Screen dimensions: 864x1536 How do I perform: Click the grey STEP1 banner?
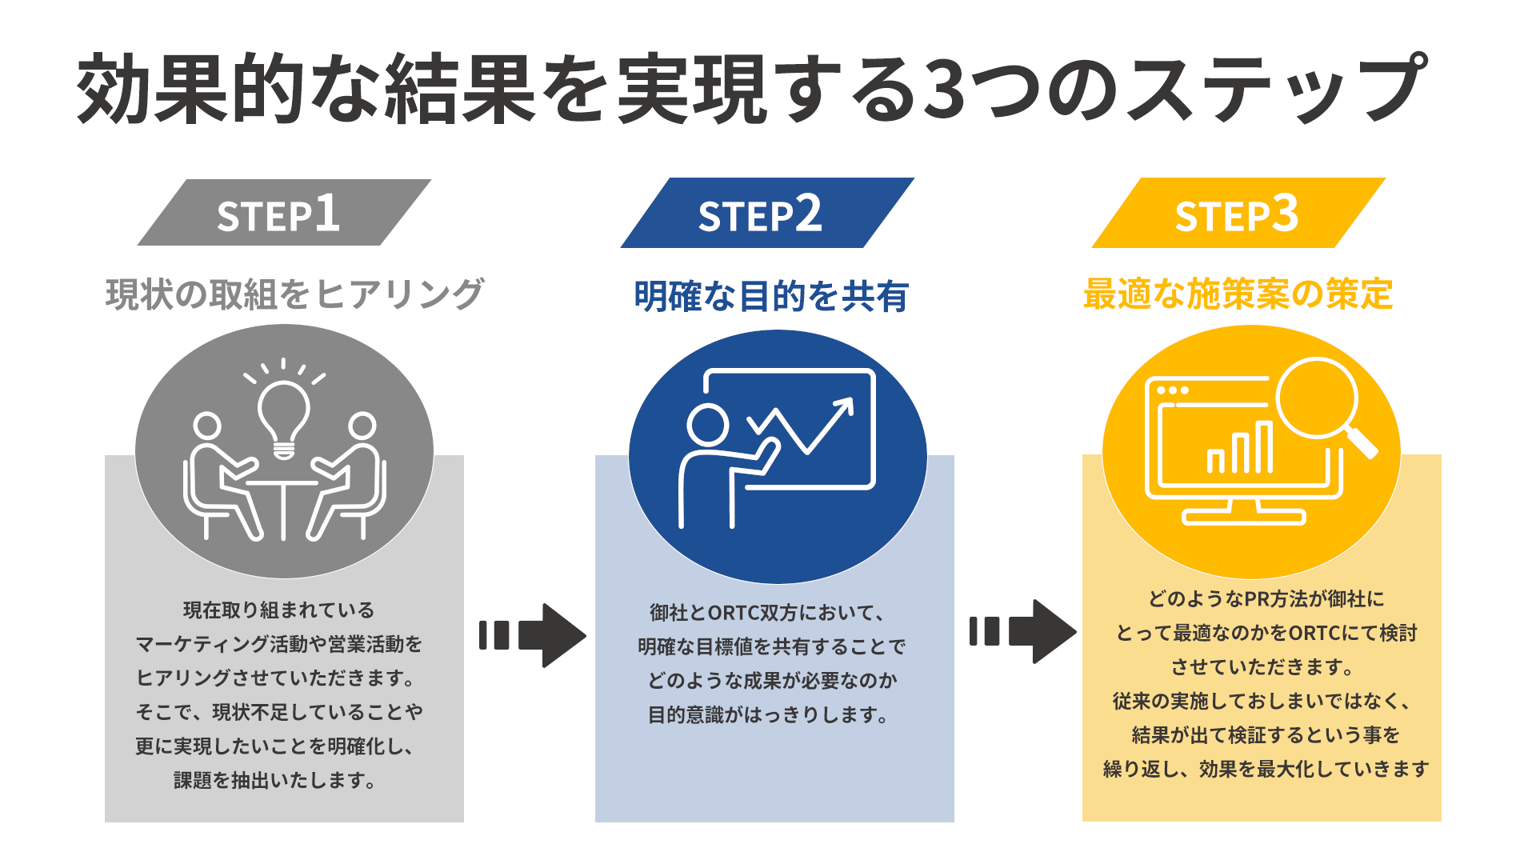pyautogui.click(x=284, y=213)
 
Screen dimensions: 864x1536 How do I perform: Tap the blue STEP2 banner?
pyautogui.click(x=766, y=213)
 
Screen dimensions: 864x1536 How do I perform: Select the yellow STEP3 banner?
pyautogui.click(x=1238, y=213)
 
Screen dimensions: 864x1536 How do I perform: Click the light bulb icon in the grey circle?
pyautogui.click(x=283, y=416)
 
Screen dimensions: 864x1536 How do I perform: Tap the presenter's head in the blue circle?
pyautogui.click(x=708, y=425)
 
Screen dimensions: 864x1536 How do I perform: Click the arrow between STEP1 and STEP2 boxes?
pyautogui.click(x=534, y=635)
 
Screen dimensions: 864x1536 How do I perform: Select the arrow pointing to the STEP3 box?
pyautogui.click(x=1023, y=631)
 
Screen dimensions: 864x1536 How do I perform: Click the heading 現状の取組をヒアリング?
pyautogui.click(x=294, y=294)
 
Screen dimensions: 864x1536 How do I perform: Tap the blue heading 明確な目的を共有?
pyautogui.click(x=771, y=297)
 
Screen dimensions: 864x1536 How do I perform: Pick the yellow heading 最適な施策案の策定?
pyautogui.click(x=1238, y=294)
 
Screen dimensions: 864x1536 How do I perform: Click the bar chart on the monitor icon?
pyautogui.click(x=1239, y=450)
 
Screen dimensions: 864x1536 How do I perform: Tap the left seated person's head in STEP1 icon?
pyautogui.click(x=207, y=426)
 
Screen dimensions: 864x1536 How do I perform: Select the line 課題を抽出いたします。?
pyautogui.click(x=276, y=780)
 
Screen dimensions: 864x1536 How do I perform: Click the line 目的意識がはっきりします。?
pyautogui.click(x=769, y=714)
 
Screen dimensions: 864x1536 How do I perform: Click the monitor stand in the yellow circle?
pyautogui.click(x=1243, y=512)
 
